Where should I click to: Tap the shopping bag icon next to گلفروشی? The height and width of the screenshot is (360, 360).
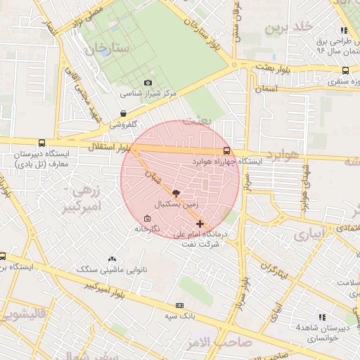tap(124, 112)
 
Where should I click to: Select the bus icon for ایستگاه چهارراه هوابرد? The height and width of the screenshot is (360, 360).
tap(226, 150)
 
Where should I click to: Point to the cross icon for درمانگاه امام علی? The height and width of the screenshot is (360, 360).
tap(200, 224)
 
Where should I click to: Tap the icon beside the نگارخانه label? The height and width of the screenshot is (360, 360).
tap(146, 218)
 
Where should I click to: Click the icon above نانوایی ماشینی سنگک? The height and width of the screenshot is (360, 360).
tap(112, 259)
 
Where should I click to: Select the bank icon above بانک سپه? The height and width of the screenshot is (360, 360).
tap(179, 305)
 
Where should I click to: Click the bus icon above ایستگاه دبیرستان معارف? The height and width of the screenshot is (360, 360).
tap(42, 143)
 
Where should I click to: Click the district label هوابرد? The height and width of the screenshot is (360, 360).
tap(283, 153)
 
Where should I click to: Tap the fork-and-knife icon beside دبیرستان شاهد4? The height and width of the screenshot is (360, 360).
tap(322, 317)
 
